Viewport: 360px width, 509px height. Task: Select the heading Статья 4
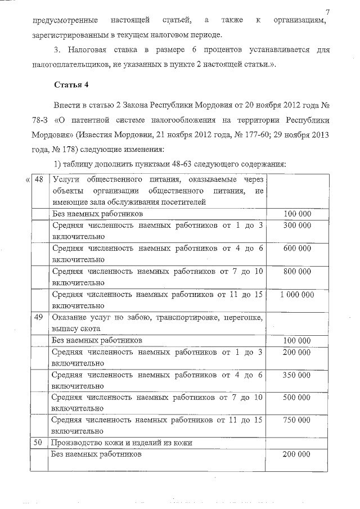click(x=71, y=85)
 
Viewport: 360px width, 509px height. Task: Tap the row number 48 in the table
click(x=39, y=179)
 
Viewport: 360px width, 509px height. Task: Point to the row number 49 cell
click(x=39, y=317)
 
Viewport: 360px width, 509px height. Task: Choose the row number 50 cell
click(x=39, y=443)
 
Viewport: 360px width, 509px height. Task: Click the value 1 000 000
click(x=296, y=294)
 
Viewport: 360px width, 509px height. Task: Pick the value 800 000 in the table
click(x=296, y=271)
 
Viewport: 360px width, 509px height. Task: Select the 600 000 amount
click(x=296, y=248)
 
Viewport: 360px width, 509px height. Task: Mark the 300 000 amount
click(x=296, y=225)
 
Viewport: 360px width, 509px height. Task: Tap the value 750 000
click(x=296, y=420)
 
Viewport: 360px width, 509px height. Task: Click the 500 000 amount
click(x=296, y=397)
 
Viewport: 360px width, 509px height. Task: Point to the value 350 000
click(x=296, y=374)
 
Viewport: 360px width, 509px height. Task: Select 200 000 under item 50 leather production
click(x=296, y=453)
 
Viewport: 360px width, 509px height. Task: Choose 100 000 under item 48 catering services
click(x=296, y=214)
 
